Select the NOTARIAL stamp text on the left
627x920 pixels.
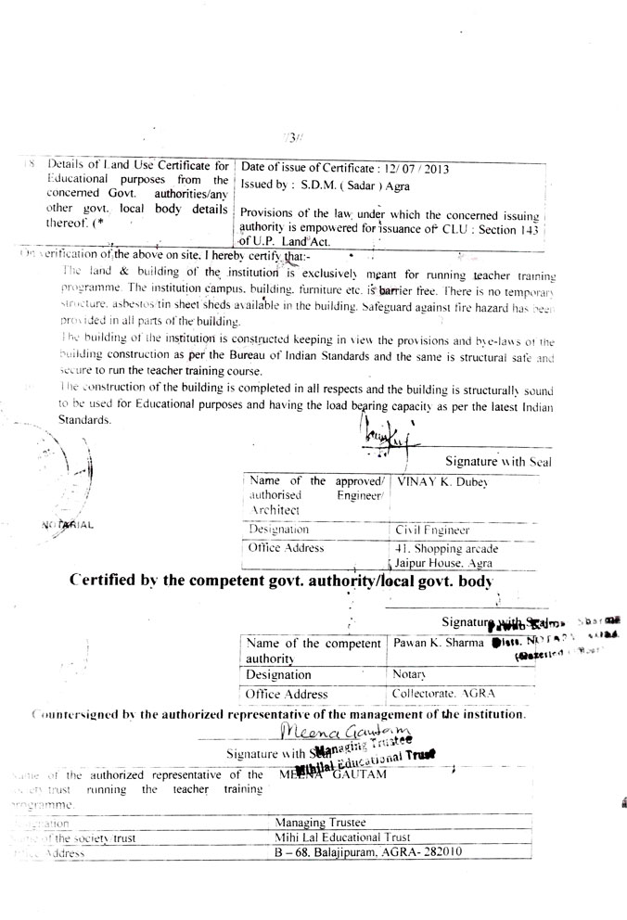(x=67, y=526)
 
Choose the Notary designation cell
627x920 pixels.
(x=409, y=674)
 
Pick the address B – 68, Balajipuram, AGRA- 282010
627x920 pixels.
(x=367, y=853)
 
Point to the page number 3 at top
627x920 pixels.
(x=292, y=138)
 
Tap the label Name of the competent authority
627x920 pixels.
(x=312, y=650)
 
